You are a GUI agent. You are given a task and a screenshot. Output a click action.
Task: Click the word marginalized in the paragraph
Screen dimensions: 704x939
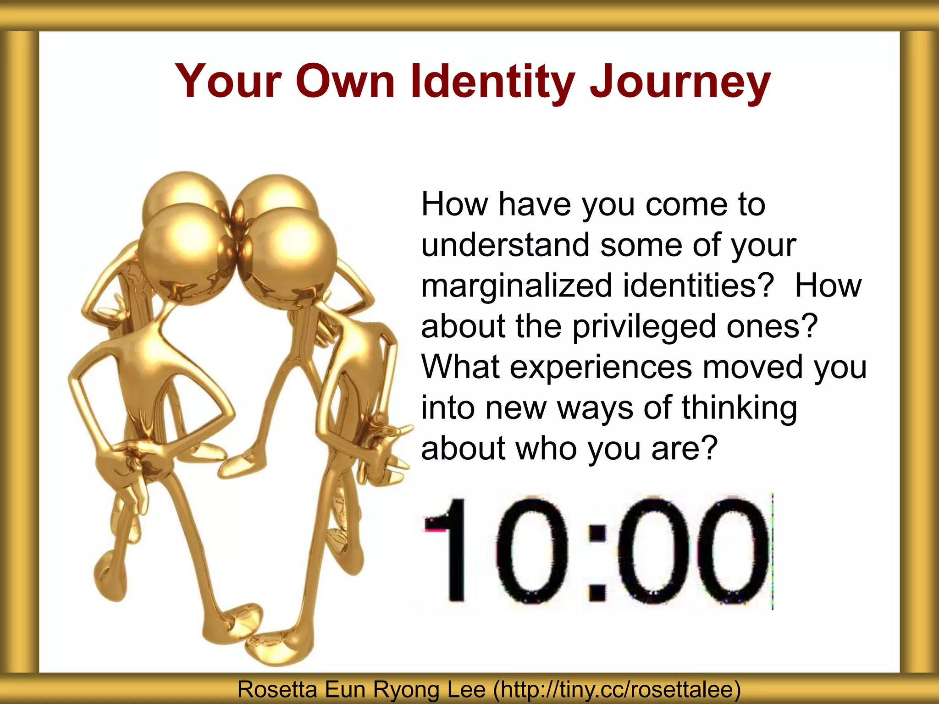(516, 286)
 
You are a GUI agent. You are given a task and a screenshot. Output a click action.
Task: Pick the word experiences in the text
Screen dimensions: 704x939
(601, 367)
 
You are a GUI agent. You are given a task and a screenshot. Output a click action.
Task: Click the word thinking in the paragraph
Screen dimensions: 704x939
(739, 408)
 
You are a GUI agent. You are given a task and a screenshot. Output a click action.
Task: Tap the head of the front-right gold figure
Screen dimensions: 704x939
(289, 257)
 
